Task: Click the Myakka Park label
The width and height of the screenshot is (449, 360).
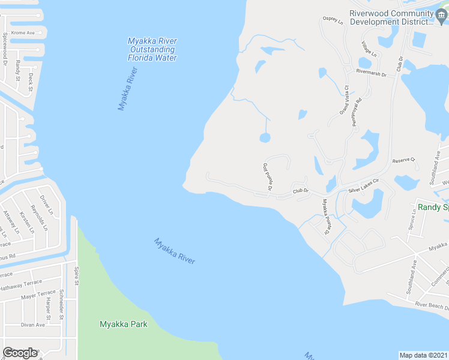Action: [x=123, y=324]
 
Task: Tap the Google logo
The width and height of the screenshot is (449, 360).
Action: [x=20, y=353]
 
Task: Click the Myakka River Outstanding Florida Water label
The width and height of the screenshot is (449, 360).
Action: [x=152, y=49]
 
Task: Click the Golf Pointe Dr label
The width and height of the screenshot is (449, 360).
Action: [x=268, y=177]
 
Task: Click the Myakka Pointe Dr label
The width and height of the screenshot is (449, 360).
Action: [x=326, y=216]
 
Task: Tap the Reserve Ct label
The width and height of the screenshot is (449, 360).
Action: [x=404, y=160]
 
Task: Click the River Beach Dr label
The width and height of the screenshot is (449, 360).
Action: [x=432, y=305]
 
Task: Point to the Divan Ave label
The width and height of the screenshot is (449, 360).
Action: [x=33, y=325]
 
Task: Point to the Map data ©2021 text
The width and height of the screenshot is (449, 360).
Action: [x=424, y=355]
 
